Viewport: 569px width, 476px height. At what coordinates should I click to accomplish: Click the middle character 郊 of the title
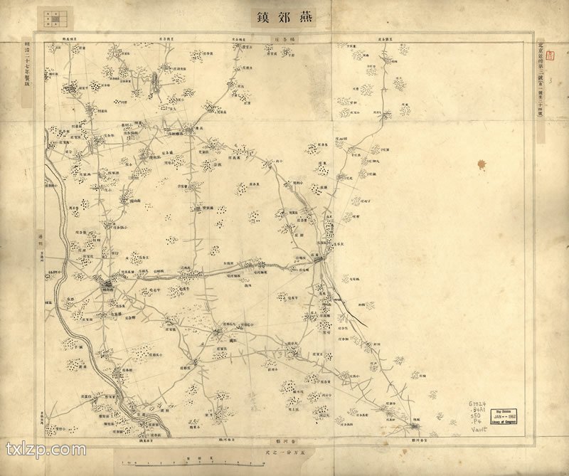click(x=284, y=16)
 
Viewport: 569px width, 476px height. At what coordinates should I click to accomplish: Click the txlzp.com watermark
click(x=46, y=450)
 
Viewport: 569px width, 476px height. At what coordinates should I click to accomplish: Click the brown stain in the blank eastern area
click(x=484, y=166)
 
